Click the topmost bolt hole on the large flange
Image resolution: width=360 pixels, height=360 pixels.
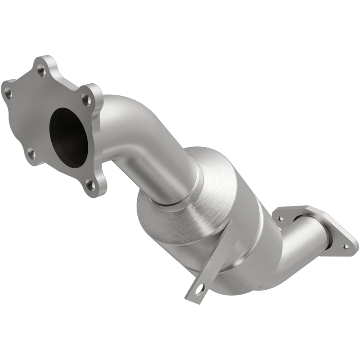coord(41,69)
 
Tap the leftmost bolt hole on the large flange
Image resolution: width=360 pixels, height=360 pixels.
coord(8,94)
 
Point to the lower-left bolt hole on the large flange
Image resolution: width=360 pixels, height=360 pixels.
coord(31,154)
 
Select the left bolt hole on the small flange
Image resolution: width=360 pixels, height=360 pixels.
coord(280,218)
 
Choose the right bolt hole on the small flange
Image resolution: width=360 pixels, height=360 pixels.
coord(346,247)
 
